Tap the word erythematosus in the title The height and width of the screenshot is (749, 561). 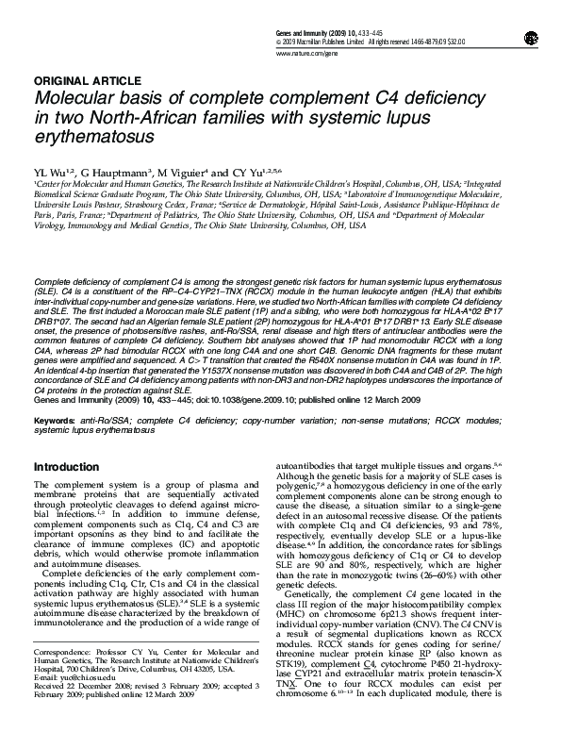[93, 137]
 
